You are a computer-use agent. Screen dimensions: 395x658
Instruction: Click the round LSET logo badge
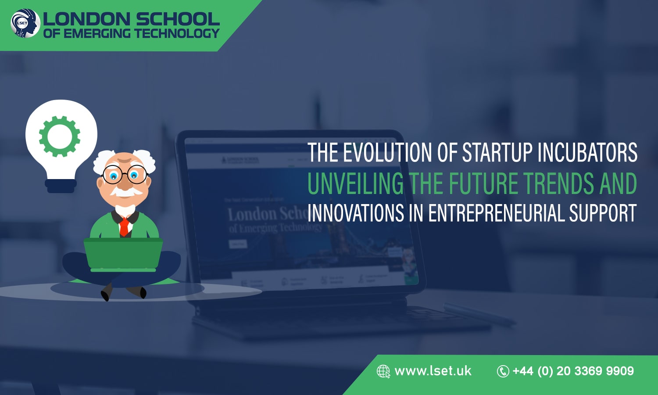click(25, 23)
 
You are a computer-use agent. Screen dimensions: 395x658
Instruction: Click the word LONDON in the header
click(86, 19)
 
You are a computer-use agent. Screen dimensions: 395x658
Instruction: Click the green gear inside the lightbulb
click(60, 136)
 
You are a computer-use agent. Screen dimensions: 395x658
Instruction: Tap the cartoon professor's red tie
click(125, 226)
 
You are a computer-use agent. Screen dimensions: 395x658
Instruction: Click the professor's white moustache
click(125, 192)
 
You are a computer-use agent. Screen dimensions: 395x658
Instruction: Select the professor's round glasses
click(125, 175)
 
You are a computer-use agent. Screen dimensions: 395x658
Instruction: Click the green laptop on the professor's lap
click(123, 255)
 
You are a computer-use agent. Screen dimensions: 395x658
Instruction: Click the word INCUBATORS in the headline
click(587, 152)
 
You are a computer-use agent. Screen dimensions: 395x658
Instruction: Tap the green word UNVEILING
click(355, 183)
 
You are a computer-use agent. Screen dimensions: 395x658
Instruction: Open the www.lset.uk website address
click(433, 371)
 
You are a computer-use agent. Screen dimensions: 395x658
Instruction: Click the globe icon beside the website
click(383, 371)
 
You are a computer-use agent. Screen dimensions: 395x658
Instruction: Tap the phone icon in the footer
click(503, 371)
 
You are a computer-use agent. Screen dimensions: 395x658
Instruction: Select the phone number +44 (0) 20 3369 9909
click(573, 371)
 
